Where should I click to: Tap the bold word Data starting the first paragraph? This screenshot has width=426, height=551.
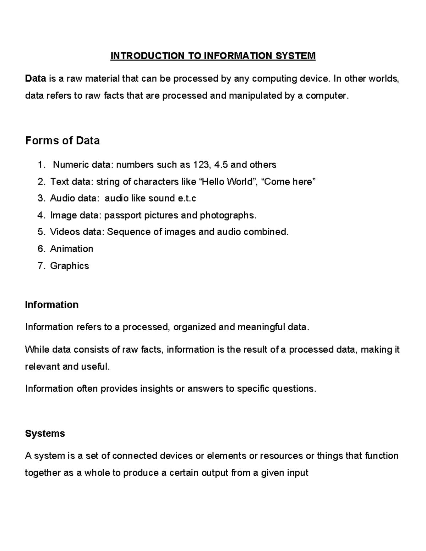coord(35,78)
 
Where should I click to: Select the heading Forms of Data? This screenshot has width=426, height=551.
coord(62,141)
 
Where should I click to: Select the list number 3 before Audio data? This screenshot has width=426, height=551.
coord(41,198)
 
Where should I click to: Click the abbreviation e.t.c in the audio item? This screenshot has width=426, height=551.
coord(187,198)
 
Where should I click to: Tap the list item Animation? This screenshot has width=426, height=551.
coord(72,249)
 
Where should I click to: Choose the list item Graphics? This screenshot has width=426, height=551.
coord(70,266)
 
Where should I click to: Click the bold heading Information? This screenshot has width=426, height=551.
coord(52,305)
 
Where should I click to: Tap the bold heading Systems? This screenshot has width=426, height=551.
coord(45,434)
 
